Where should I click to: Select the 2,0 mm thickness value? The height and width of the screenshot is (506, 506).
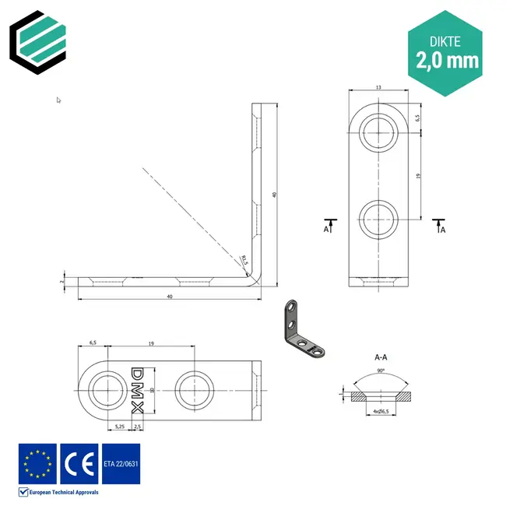click(x=447, y=59)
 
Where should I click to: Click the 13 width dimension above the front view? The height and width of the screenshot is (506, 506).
click(x=378, y=87)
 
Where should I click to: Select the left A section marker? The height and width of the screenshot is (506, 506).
click(x=330, y=227)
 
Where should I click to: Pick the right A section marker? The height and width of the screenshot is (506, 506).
click(x=439, y=227)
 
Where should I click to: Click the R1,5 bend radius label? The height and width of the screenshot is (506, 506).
click(x=244, y=260)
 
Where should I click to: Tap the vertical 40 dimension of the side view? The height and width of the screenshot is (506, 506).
click(x=275, y=195)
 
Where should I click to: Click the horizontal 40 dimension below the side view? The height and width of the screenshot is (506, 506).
click(x=170, y=297)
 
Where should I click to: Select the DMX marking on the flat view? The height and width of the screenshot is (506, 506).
click(x=137, y=390)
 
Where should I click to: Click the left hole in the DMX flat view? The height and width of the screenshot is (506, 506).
click(x=105, y=389)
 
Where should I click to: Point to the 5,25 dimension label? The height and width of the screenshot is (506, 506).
click(x=120, y=427)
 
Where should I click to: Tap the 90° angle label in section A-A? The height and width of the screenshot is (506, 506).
click(x=381, y=371)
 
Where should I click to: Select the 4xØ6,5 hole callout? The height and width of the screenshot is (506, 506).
click(x=381, y=410)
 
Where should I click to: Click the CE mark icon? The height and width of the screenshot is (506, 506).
click(x=79, y=463)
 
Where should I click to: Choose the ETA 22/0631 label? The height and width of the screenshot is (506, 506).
click(x=121, y=463)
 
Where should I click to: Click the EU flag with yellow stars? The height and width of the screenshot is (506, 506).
click(x=37, y=463)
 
